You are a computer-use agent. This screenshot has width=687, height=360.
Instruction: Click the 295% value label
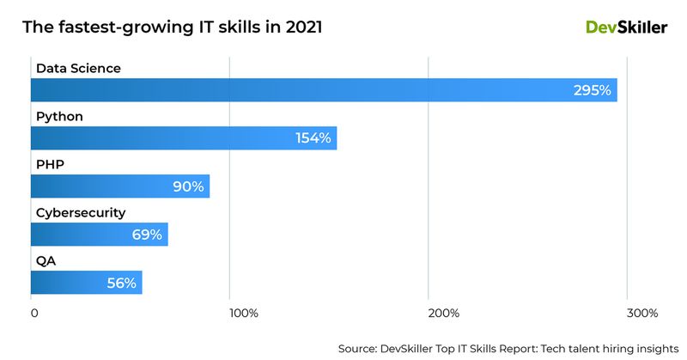coord(593,90)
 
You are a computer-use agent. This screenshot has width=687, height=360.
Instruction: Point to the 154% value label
coord(313,138)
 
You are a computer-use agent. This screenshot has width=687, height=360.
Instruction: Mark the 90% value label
coord(188,186)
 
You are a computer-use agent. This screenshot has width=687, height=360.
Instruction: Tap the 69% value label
coord(147,235)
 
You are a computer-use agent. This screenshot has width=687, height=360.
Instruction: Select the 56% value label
coord(121,283)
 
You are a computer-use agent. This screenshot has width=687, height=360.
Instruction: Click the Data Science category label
coord(78,68)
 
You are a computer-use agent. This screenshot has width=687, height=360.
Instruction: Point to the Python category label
coord(59,116)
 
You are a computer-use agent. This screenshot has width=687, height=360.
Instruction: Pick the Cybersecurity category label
coord(81,212)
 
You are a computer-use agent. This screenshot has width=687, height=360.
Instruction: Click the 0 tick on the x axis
coord(33,313)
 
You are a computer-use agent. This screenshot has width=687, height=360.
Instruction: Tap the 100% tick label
coord(244,313)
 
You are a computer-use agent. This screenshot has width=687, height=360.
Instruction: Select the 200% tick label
coord(443,313)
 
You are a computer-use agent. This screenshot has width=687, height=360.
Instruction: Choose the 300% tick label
coord(642,313)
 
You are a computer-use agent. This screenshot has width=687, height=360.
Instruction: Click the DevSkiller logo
coord(626,27)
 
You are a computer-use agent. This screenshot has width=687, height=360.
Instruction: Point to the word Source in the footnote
coord(360,349)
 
